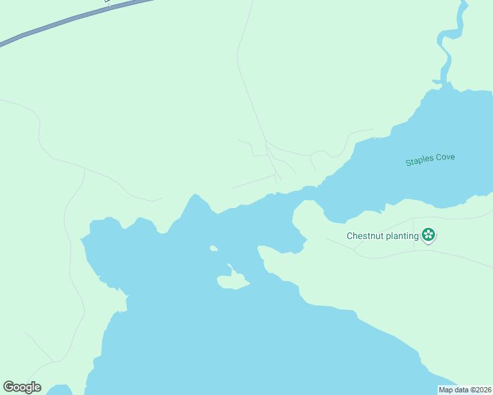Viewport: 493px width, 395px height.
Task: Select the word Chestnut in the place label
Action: (366, 236)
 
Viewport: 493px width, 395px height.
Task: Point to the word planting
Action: (403, 236)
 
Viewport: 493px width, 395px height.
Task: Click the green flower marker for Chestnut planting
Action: (428, 234)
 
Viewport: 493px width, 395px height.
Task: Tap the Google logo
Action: (22, 387)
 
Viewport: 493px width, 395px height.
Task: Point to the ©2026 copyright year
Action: (480, 390)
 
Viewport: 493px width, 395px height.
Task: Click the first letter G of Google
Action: (9, 387)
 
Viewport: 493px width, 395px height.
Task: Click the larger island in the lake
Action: (232, 282)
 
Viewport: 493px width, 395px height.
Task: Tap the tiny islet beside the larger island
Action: (214, 248)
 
